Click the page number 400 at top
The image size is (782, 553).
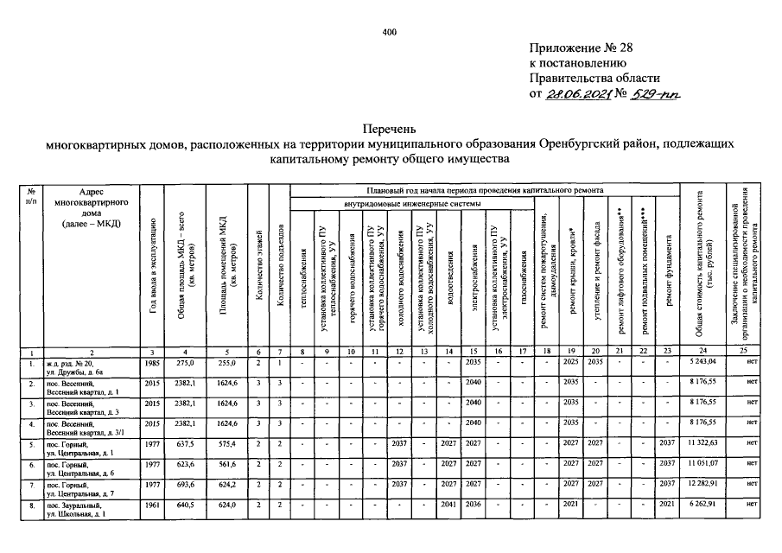coord(389,32)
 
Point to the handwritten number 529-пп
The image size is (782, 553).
coord(657,93)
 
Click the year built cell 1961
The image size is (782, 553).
coord(151,505)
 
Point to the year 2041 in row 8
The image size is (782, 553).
coord(448,505)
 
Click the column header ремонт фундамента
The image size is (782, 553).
coord(668,269)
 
